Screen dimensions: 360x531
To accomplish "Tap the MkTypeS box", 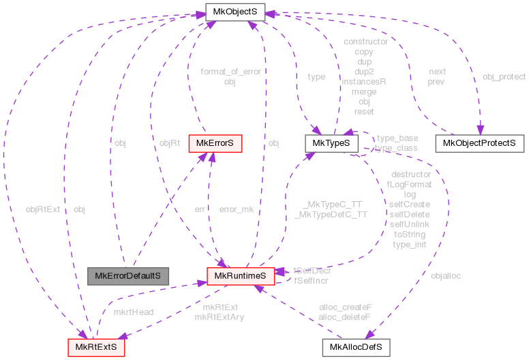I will (331, 143).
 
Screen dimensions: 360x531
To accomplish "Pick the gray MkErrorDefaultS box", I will (128, 275).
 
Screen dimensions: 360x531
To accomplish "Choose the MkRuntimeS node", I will (241, 275).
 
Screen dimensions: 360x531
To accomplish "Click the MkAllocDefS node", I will (355, 347).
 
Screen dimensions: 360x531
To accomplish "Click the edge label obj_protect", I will (504, 76).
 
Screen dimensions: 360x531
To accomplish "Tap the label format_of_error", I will (230, 72).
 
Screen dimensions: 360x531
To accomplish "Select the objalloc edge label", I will (446, 276).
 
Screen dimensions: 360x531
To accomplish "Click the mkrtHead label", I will (134, 312).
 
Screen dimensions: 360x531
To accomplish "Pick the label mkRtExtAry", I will (219, 317).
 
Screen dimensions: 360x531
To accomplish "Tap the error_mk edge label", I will (236, 209).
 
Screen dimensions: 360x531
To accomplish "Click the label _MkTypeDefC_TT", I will (331, 214).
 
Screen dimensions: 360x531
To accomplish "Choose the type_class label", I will (397, 148).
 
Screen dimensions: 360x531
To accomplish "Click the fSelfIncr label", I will (311, 280).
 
